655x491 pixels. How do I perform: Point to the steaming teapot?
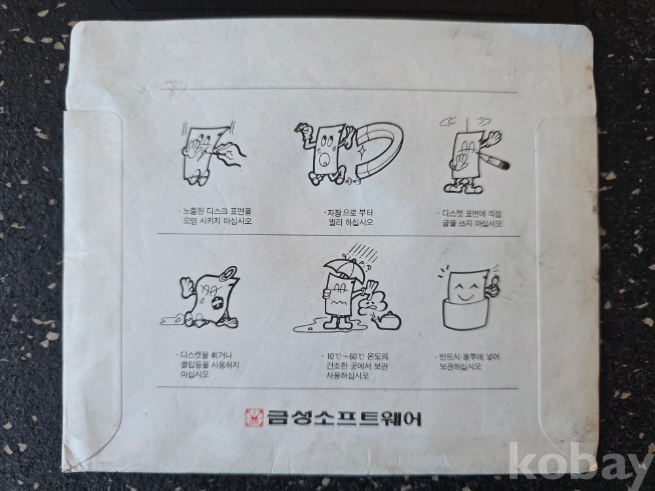click(388, 321)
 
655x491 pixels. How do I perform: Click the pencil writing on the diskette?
click(493, 161)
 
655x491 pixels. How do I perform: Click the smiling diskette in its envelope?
click(468, 299)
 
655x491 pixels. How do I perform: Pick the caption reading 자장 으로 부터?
click(350, 213)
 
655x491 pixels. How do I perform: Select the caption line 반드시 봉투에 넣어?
click(468, 357)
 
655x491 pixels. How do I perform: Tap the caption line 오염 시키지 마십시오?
click(217, 221)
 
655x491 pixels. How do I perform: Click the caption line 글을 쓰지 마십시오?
click(472, 223)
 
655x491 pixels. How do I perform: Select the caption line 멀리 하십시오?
click(351, 222)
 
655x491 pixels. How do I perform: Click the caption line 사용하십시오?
click(348, 375)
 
